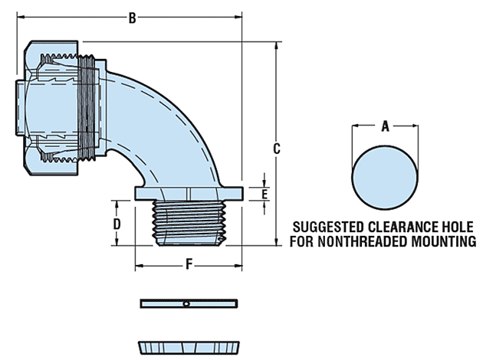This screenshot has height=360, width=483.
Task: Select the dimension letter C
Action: point(278,148)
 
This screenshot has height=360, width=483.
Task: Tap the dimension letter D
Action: point(117,224)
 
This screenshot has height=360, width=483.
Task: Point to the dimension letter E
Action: point(264,194)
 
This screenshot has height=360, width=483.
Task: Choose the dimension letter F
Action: point(189,264)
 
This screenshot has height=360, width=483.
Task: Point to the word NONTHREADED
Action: point(367,242)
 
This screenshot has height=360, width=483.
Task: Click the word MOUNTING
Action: point(444,242)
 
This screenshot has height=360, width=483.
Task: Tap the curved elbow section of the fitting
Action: point(165,115)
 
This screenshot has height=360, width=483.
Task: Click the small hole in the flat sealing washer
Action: point(186,304)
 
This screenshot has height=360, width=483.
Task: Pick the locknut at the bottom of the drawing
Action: point(188,346)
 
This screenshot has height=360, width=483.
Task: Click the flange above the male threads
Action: point(189,192)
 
